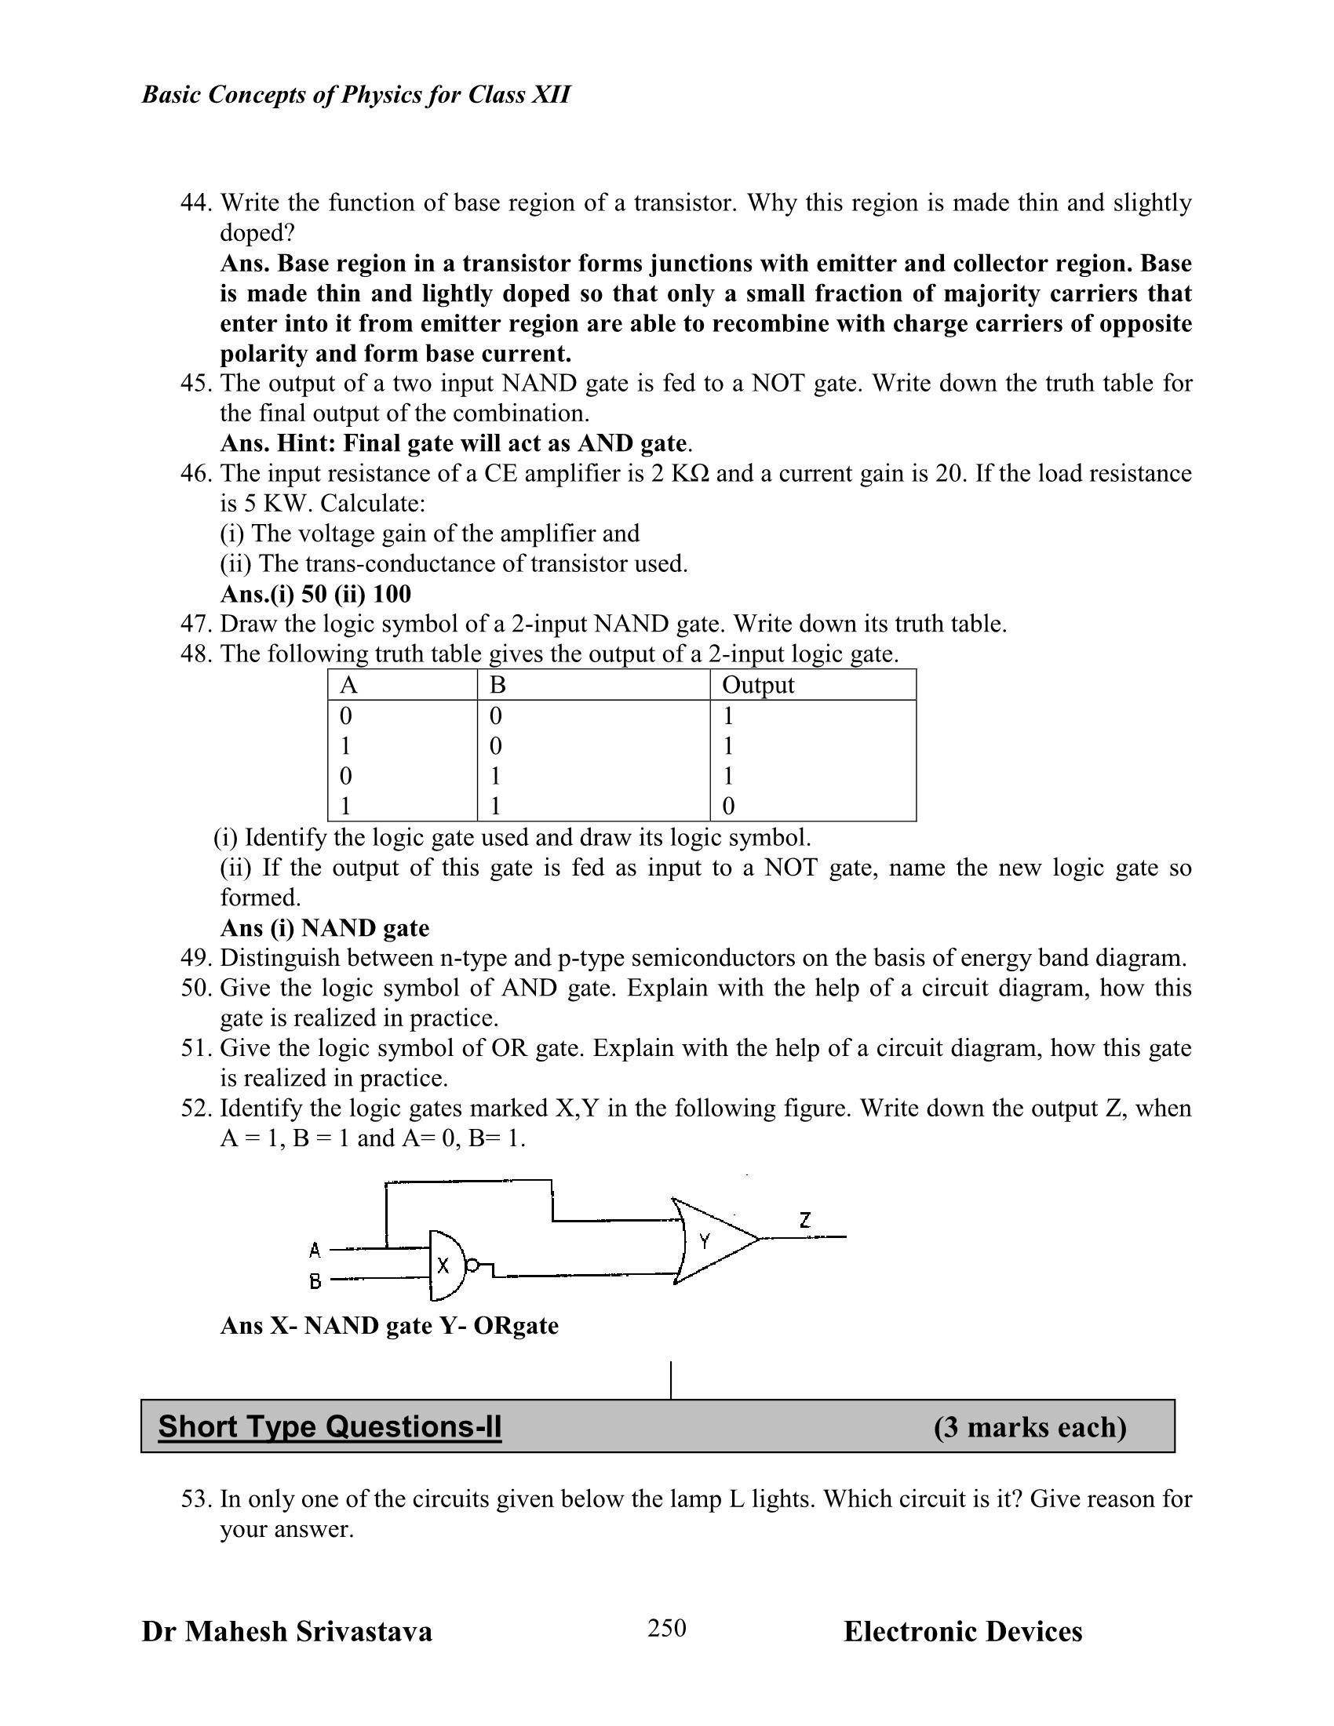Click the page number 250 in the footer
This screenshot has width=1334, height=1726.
pyautogui.click(x=666, y=1627)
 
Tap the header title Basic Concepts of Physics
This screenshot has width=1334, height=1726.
pyautogui.click(x=355, y=95)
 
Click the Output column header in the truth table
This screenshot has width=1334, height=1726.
pyautogui.click(x=757, y=684)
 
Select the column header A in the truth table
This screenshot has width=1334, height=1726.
pyautogui.click(x=348, y=684)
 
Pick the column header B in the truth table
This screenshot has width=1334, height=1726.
pyautogui.click(x=497, y=684)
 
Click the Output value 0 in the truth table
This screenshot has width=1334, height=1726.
pyautogui.click(x=729, y=806)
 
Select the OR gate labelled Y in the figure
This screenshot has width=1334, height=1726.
pyautogui.click(x=707, y=1241)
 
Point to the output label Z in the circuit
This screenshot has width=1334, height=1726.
pyautogui.click(x=804, y=1219)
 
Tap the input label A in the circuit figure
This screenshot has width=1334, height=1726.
pyautogui.click(x=315, y=1251)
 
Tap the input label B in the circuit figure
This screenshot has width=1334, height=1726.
pyautogui.click(x=315, y=1282)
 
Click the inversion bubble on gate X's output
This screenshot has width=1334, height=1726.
pyautogui.click(x=472, y=1266)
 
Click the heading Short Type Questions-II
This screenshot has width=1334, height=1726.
pyautogui.click(x=330, y=1426)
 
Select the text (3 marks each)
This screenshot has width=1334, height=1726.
pyautogui.click(x=1029, y=1427)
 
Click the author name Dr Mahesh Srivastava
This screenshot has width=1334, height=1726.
pyautogui.click(x=287, y=1631)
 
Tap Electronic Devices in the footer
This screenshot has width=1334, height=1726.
pyautogui.click(x=962, y=1631)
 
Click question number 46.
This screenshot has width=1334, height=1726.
pyautogui.click(x=196, y=473)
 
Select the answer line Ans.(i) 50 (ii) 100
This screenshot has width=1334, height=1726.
pyautogui.click(x=315, y=594)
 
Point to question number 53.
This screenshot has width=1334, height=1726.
pyautogui.click(x=196, y=1498)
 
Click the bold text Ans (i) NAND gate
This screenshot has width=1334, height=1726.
pyautogui.click(x=324, y=927)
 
